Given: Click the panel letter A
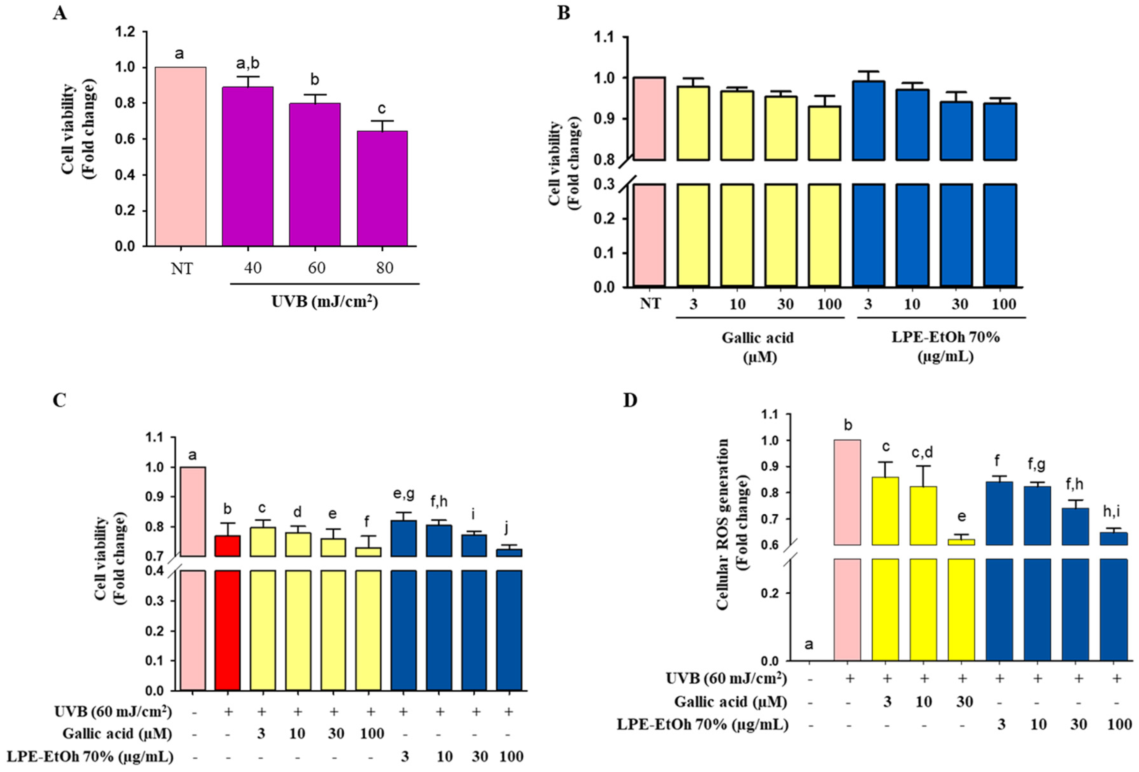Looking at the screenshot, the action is point(60,13).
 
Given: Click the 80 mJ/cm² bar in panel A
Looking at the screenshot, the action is point(382,188).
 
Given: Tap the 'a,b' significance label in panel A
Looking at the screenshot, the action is point(247,64).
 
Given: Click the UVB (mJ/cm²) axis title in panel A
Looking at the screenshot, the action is point(325,301).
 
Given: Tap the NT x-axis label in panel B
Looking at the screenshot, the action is point(650,304).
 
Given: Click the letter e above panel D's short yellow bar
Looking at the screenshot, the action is point(962,517).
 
